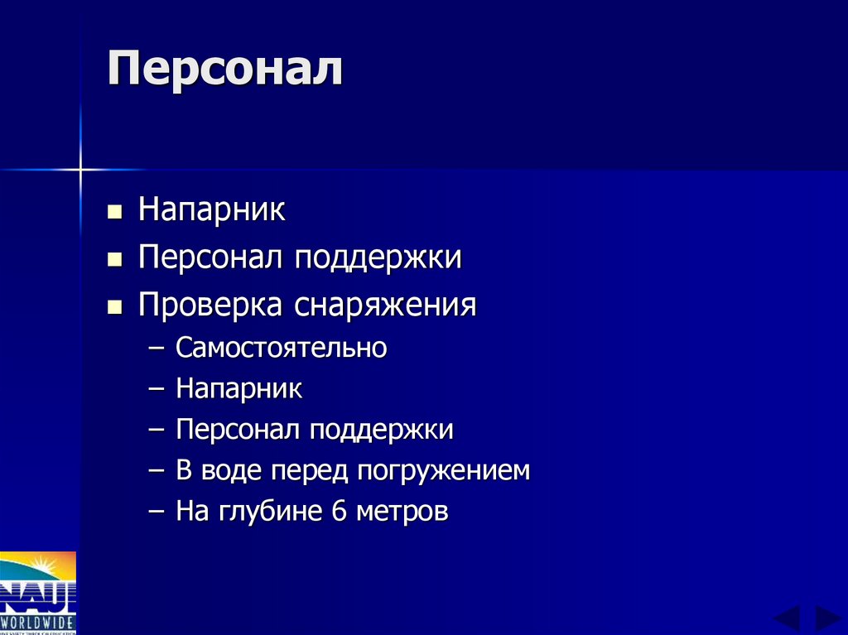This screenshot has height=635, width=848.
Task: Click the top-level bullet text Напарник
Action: click(x=212, y=209)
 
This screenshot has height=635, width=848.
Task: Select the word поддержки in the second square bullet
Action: click(x=379, y=257)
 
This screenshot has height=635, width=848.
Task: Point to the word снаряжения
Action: click(x=385, y=306)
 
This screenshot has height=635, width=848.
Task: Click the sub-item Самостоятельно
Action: click(x=281, y=348)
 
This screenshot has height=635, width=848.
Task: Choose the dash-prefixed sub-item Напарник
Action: click(x=238, y=389)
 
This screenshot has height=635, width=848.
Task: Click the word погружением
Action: click(x=444, y=471)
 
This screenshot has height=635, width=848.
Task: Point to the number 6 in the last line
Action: click(x=338, y=512)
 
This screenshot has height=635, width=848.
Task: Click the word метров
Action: click(x=402, y=512)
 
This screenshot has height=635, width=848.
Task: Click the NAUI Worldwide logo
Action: click(x=38, y=593)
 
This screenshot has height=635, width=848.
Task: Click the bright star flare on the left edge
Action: click(x=80, y=171)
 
